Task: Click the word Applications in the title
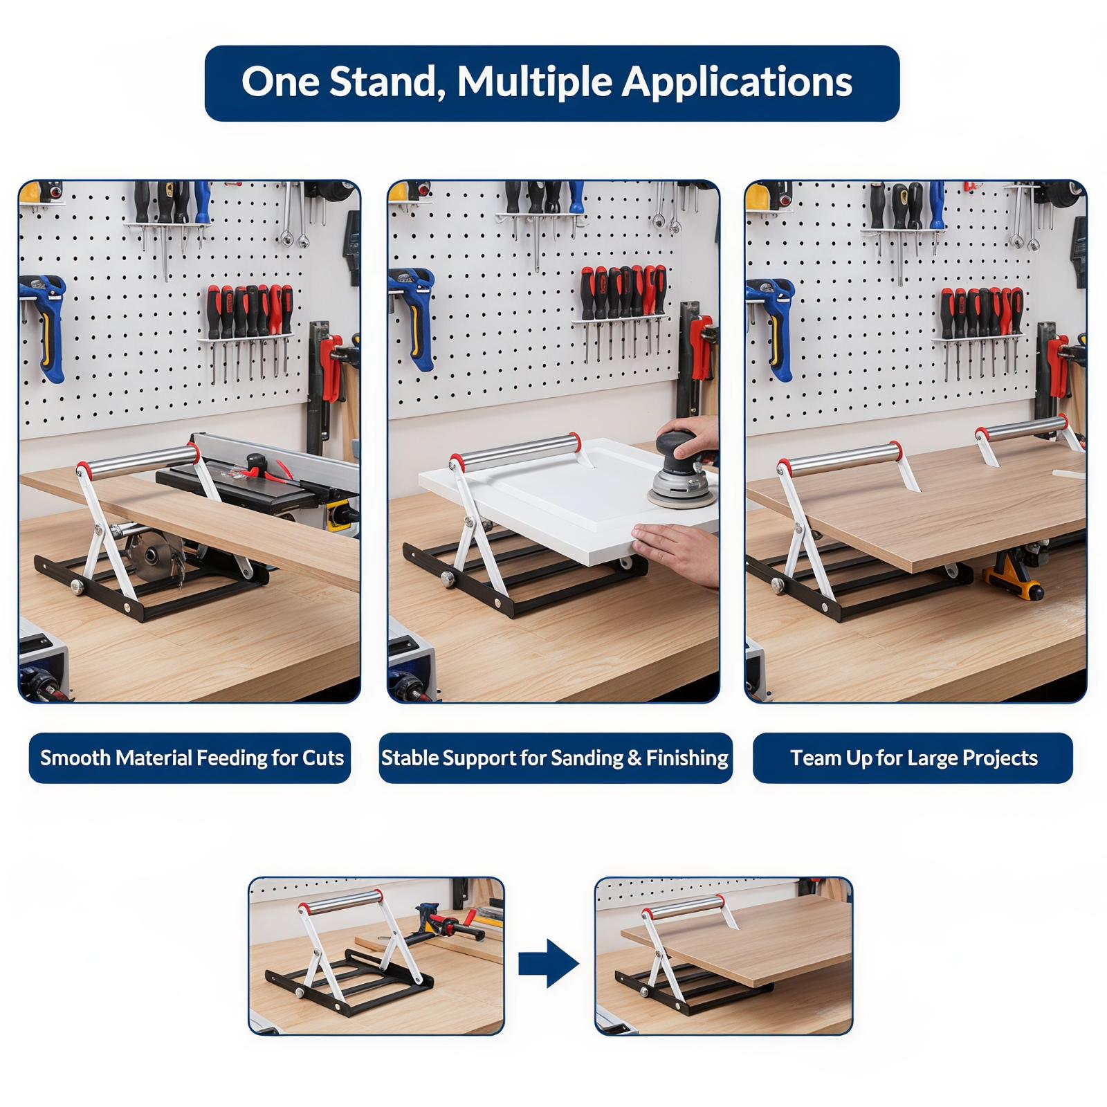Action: click(737, 83)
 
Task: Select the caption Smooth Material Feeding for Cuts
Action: click(192, 758)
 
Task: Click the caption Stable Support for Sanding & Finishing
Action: click(555, 758)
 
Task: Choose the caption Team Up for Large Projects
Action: click(914, 758)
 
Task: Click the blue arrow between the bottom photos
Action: click(549, 963)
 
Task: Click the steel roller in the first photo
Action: click(138, 461)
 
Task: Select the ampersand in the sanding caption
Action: click(634, 758)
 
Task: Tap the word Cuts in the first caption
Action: click(323, 758)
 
